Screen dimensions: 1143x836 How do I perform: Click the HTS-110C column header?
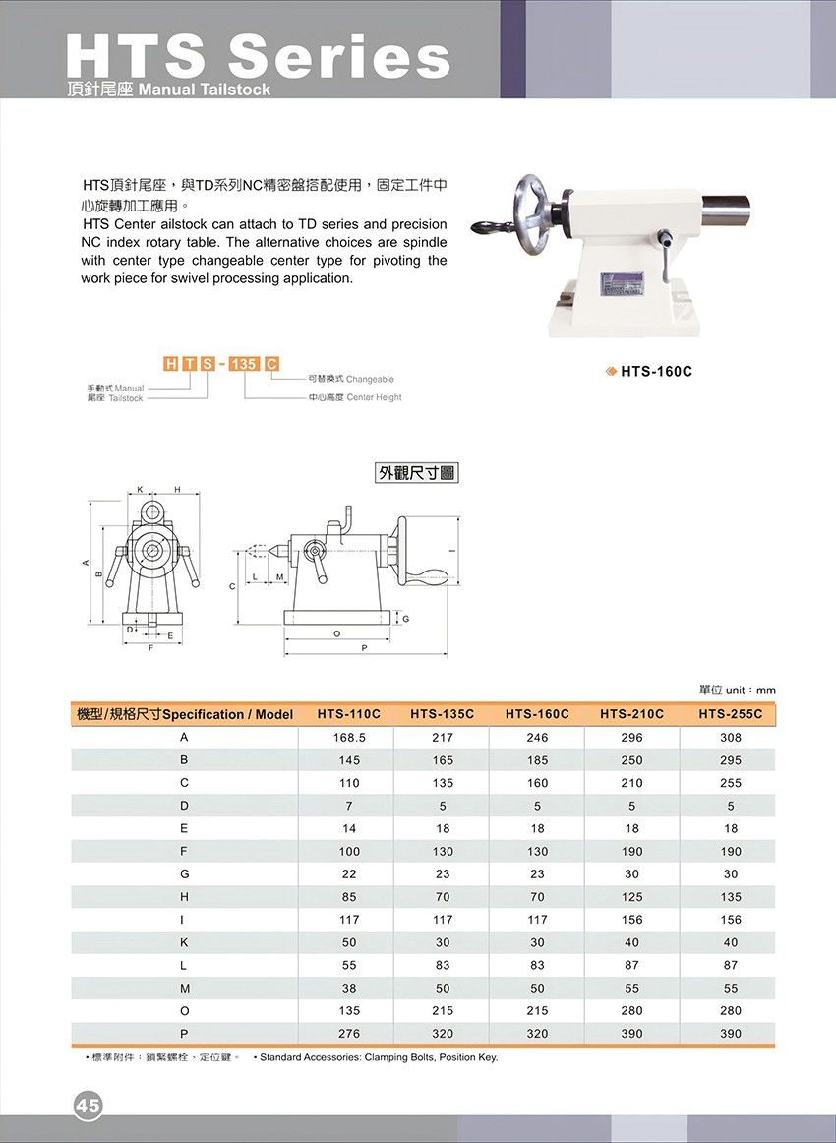[348, 714]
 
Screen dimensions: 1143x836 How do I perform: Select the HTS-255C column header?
[730, 714]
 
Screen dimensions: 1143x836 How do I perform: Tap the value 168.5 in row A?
[348, 738]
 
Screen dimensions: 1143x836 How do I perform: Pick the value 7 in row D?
[348, 806]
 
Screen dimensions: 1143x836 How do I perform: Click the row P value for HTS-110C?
[348, 1034]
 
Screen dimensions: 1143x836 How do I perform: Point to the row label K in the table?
[184, 942]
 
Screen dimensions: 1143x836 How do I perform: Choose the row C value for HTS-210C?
[631, 783]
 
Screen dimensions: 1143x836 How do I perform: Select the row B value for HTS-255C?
[730, 760]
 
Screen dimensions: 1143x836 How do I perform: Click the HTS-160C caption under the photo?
[656, 372]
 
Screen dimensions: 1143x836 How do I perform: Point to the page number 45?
[88, 1106]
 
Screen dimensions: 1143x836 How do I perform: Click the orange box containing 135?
[243, 364]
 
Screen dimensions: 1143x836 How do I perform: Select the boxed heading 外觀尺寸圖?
[417, 473]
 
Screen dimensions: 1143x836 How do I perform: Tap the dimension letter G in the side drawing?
[405, 618]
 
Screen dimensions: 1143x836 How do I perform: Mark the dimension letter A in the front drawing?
[87, 564]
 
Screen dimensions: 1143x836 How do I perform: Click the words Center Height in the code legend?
[374, 397]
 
